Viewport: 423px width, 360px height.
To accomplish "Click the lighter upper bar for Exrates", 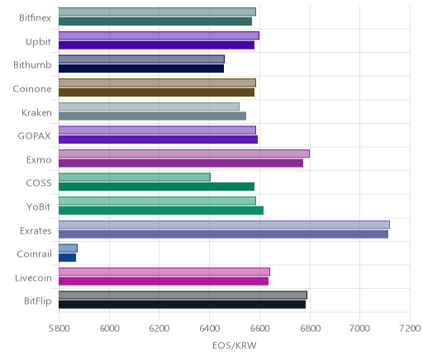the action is pyautogui.click(x=224, y=225).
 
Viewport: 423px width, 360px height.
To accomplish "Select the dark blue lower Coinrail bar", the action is pyautogui.click(x=67, y=258).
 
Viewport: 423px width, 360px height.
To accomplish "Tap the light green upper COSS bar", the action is pyautogui.click(x=135, y=178).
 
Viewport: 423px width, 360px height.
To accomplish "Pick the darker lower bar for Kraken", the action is pyautogui.click(x=152, y=116).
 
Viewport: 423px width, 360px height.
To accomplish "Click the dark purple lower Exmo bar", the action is pyautogui.click(x=181, y=163).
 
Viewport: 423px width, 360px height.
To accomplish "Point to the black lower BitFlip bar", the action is pyautogui.click(x=182, y=305).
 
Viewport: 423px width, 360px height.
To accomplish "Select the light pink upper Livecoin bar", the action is pyautogui.click(x=164, y=272).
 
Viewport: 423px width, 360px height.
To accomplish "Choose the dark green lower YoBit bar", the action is pyautogui.click(x=161, y=211).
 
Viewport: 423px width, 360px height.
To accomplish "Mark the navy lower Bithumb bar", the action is pyautogui.click(x=141, y=69).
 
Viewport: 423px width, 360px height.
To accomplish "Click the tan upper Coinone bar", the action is pyautogui.click(x=157, y=83).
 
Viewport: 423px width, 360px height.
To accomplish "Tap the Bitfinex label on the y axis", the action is pyautogui.click(x=35, y=18).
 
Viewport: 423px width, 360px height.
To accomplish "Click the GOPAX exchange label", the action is pyautogui.click(x=35, y=136).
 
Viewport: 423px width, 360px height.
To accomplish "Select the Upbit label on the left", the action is pyautogui.click(x=38, y=42).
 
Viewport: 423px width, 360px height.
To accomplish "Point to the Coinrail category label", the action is pyautogui.click(x=34, y=253).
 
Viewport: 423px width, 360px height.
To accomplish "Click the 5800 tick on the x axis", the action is pyautogui.click(x=59, y=329).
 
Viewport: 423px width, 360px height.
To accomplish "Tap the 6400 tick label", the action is pyautogui.click(x=209, y=329).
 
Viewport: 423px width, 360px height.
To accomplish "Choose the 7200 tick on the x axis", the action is pyautogui.click(x=411, y=329).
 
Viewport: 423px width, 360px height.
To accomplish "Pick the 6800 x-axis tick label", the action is pyautogui.click(x=310, y=329).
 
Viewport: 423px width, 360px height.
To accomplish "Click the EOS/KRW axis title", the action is pyautogui.click(x=235, y=345).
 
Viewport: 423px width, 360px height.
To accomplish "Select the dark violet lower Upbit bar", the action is pyautogui.click(x=156, y=45).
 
